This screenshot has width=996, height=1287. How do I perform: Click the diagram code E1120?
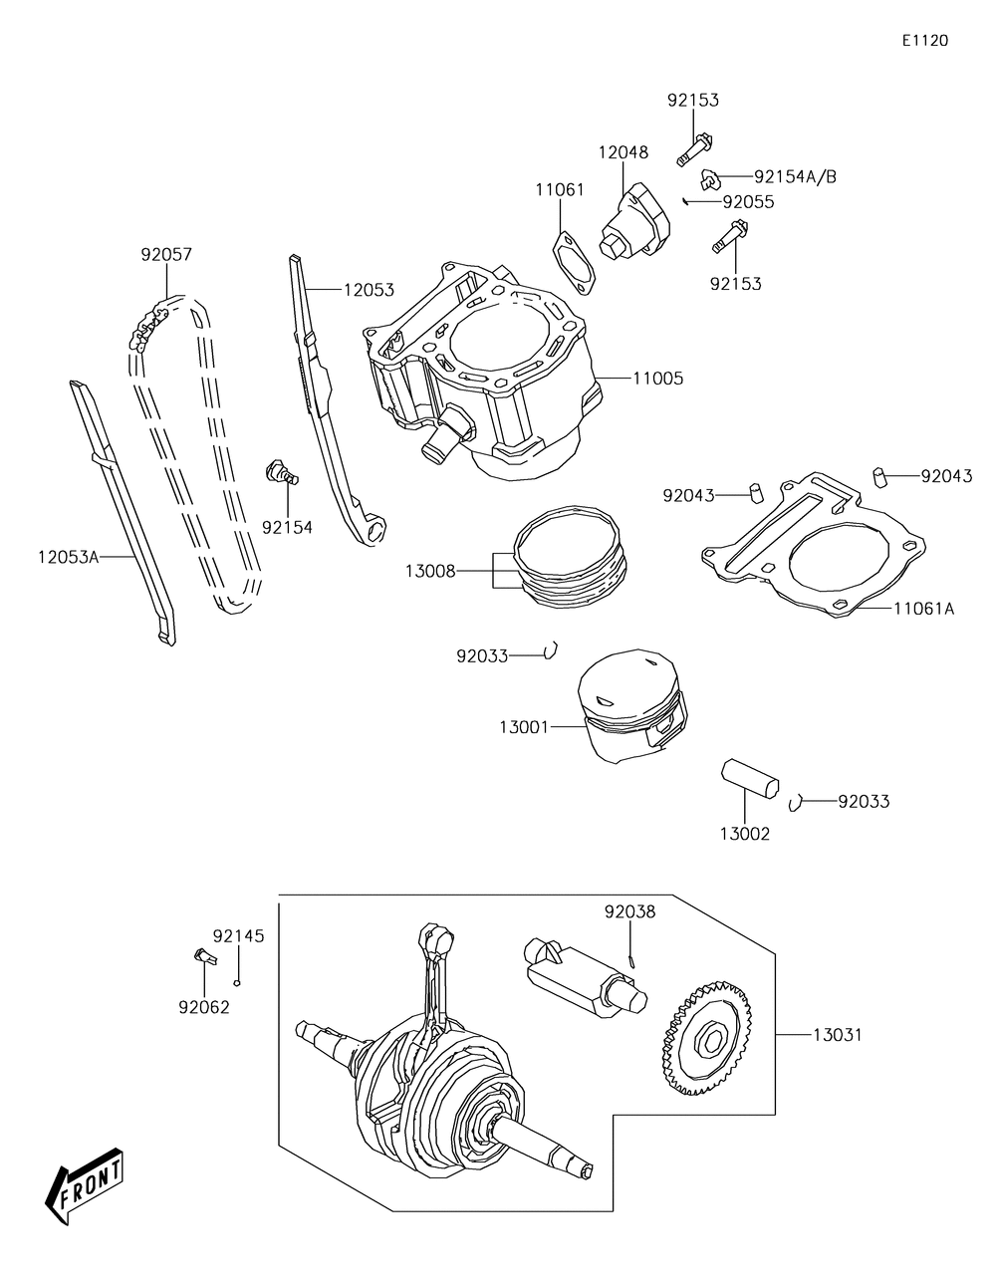(x=924, y=41)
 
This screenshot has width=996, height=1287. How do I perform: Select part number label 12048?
(x=622, y=152)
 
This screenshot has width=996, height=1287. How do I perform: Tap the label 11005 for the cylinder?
(x=657, y=379)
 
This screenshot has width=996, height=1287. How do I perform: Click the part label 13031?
(x=837, y=1035)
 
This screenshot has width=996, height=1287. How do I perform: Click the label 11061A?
(x=923, y=608)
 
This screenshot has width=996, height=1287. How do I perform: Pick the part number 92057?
(x=165, y=254)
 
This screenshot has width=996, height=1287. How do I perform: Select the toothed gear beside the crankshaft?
(x=705, y=1041)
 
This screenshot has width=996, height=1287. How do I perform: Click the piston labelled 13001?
(x=632, y=706)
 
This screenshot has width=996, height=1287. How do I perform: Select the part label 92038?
(x=629, y=911)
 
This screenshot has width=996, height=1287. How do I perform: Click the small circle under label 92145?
(x=238, y=981)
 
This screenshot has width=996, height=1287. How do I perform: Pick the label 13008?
(x=430, y=571)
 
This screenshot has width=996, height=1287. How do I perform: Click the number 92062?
(x=204, y=1007)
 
